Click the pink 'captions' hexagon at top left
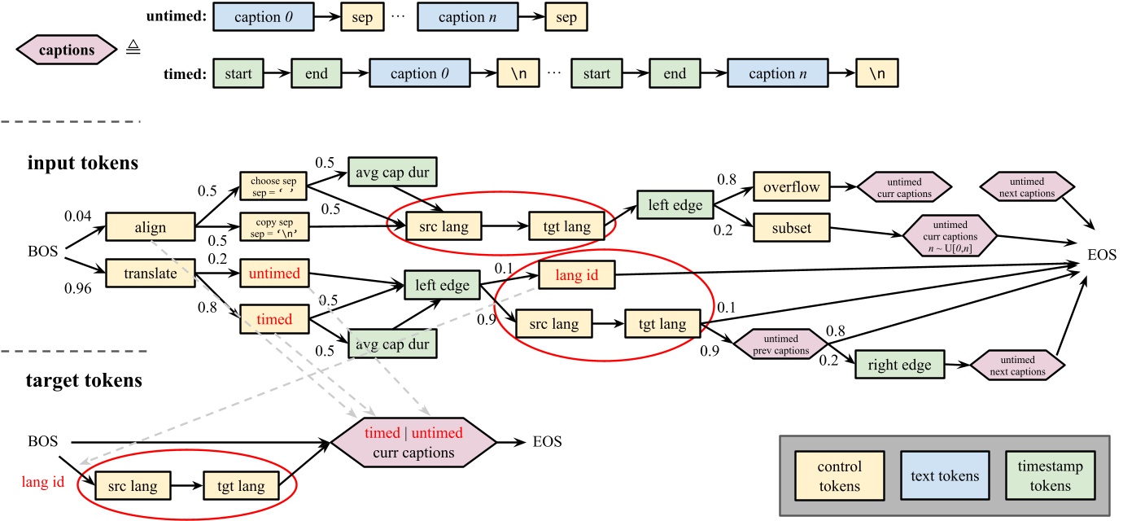point(67,50)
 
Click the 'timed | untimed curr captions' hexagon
point(413,443)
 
